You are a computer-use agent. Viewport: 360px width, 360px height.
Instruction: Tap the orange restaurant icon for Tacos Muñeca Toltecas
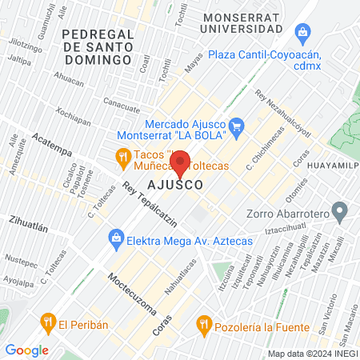coord(122,158)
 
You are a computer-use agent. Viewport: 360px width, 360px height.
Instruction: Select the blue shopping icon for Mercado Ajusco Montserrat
coord(236,126)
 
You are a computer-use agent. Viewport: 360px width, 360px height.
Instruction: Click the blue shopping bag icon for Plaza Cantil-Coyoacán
coord(302,32)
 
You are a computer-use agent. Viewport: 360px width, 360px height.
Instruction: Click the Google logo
coord(26,350)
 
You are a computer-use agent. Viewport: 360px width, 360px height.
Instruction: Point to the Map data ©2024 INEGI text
coord(312,354)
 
